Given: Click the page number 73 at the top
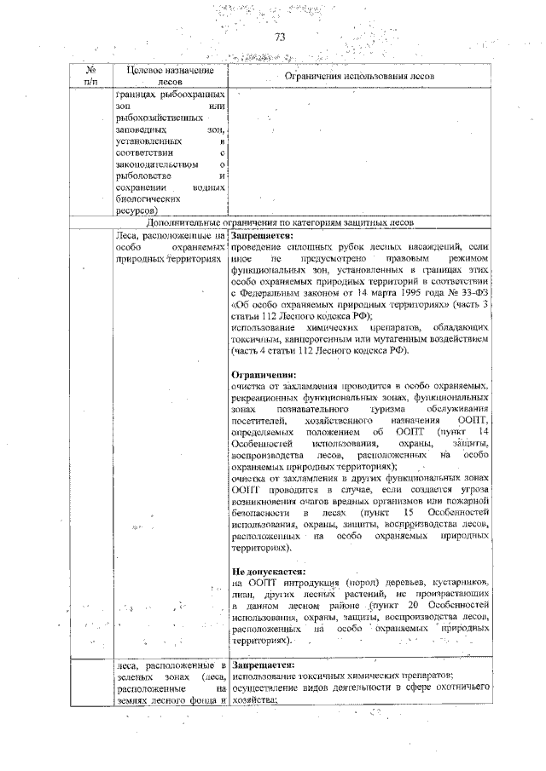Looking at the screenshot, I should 279,37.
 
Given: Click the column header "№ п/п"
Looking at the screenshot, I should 90,76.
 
